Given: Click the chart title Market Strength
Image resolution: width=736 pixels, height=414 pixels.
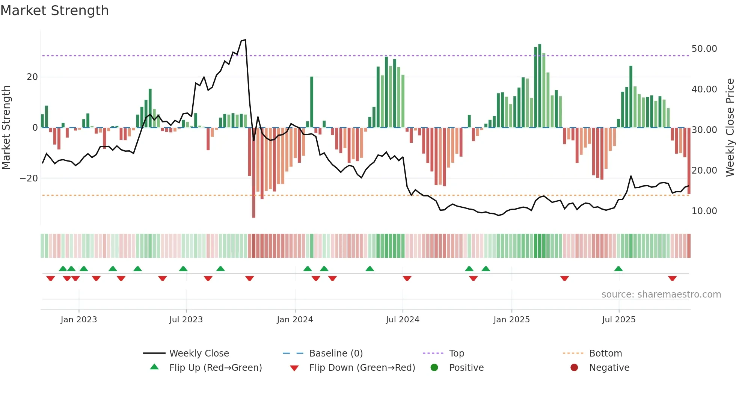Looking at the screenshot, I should (x=54, y=11).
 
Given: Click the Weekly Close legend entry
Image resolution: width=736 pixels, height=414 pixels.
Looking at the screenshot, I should (x=199, y=354).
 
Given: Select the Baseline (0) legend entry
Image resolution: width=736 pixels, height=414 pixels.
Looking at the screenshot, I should (x=336, y=354).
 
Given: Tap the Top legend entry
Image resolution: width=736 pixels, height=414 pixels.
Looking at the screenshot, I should (x=456, y=354).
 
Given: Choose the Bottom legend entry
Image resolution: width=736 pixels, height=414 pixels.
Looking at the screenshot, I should (x=605, y=354).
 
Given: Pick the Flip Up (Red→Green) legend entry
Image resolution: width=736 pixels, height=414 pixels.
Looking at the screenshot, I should (x=215, y=368).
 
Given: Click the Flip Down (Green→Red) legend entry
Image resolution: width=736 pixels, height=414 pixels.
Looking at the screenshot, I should (x=362, y=368).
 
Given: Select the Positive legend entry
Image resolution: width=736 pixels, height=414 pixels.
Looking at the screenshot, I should (x=466, y=368).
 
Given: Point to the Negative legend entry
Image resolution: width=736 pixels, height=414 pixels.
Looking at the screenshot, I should (x=609, y=368).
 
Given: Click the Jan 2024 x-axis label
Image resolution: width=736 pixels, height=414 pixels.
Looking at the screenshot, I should (x=295, y=320).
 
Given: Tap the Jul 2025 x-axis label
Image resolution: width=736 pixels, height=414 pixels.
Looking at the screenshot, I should (x=618, y=320).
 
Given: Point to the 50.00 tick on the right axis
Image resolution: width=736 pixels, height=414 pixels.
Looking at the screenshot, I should (x=704, y=49).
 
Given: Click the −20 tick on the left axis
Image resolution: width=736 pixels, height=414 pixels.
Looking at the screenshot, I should (x=29, y=178).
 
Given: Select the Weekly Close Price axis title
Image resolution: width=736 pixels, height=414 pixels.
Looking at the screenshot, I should (x=730, y=128).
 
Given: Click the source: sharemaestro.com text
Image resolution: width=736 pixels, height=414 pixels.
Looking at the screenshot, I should (x=661, y=295).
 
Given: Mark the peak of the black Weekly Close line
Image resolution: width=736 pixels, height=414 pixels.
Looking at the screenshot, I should (x=245, y=40).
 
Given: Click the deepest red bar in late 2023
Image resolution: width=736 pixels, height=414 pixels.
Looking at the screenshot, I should (x=254, y=173).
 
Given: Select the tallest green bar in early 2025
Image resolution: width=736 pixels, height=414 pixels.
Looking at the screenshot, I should (x=540, y=86).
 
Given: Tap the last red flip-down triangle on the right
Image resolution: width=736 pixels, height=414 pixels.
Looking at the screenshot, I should (x=672, y=278).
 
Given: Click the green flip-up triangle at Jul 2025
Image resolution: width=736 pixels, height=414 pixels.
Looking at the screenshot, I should (x=618, y=269).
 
